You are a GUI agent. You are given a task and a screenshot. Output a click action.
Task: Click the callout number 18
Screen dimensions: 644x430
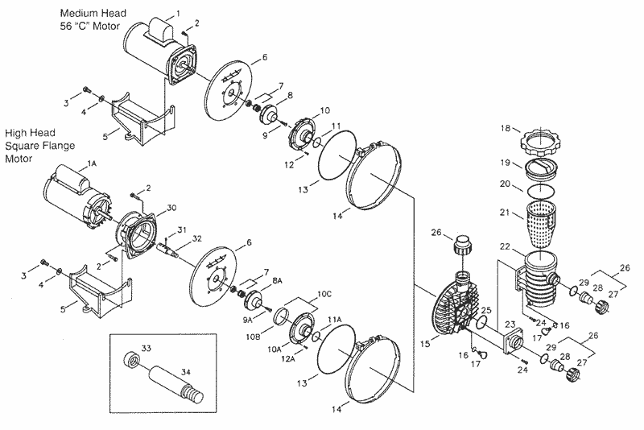(x=506, y=128)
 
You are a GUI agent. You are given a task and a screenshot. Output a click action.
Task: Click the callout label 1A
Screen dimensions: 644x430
(x=92, y=163)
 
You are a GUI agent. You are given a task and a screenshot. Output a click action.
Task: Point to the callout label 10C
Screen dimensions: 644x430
(x=324, y=294)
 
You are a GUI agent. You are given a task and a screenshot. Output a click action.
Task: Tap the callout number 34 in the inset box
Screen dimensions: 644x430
(x=186, y=372)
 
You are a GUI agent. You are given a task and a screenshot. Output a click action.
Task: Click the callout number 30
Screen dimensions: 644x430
(x=171, y=208)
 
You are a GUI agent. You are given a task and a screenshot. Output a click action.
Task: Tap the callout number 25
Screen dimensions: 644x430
(x=486, y=310)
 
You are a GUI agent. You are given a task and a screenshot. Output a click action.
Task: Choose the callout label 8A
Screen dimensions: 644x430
(x=277, y=280)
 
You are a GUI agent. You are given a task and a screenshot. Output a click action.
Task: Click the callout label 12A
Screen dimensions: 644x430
(x=288, y=358)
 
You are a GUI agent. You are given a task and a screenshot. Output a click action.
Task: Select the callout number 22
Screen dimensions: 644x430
(x=505, y=246)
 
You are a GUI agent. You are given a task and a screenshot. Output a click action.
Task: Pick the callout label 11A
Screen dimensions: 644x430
(x=334, y=320)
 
